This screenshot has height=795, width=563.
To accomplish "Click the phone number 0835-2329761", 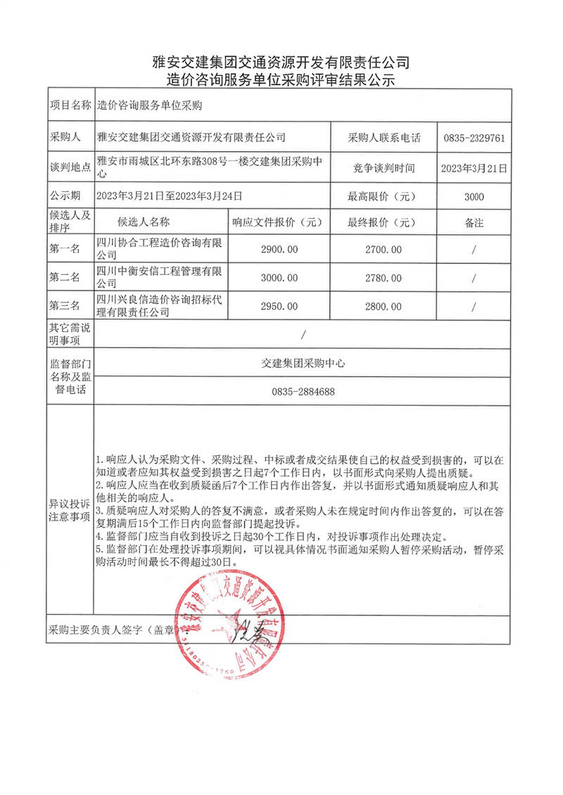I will click(x=474, y=139).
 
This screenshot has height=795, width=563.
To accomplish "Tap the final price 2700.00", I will click(x=384, y=249).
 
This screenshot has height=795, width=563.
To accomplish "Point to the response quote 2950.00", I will click(x=279, y=306).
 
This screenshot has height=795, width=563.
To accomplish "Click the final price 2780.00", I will click(x=384, y=278).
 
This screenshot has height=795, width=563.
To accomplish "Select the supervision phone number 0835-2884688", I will click(x=303, y=392).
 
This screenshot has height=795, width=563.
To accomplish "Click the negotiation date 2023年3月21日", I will click(x=474, y=167).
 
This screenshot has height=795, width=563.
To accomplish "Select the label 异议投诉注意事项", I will click(x=68, y=511).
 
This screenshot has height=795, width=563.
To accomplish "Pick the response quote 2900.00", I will click(x=279, y=249).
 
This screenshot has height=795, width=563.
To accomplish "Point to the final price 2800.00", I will click(x=384, y=306).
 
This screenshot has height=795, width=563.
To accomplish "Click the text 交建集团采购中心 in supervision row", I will click(x=303, y=364).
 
